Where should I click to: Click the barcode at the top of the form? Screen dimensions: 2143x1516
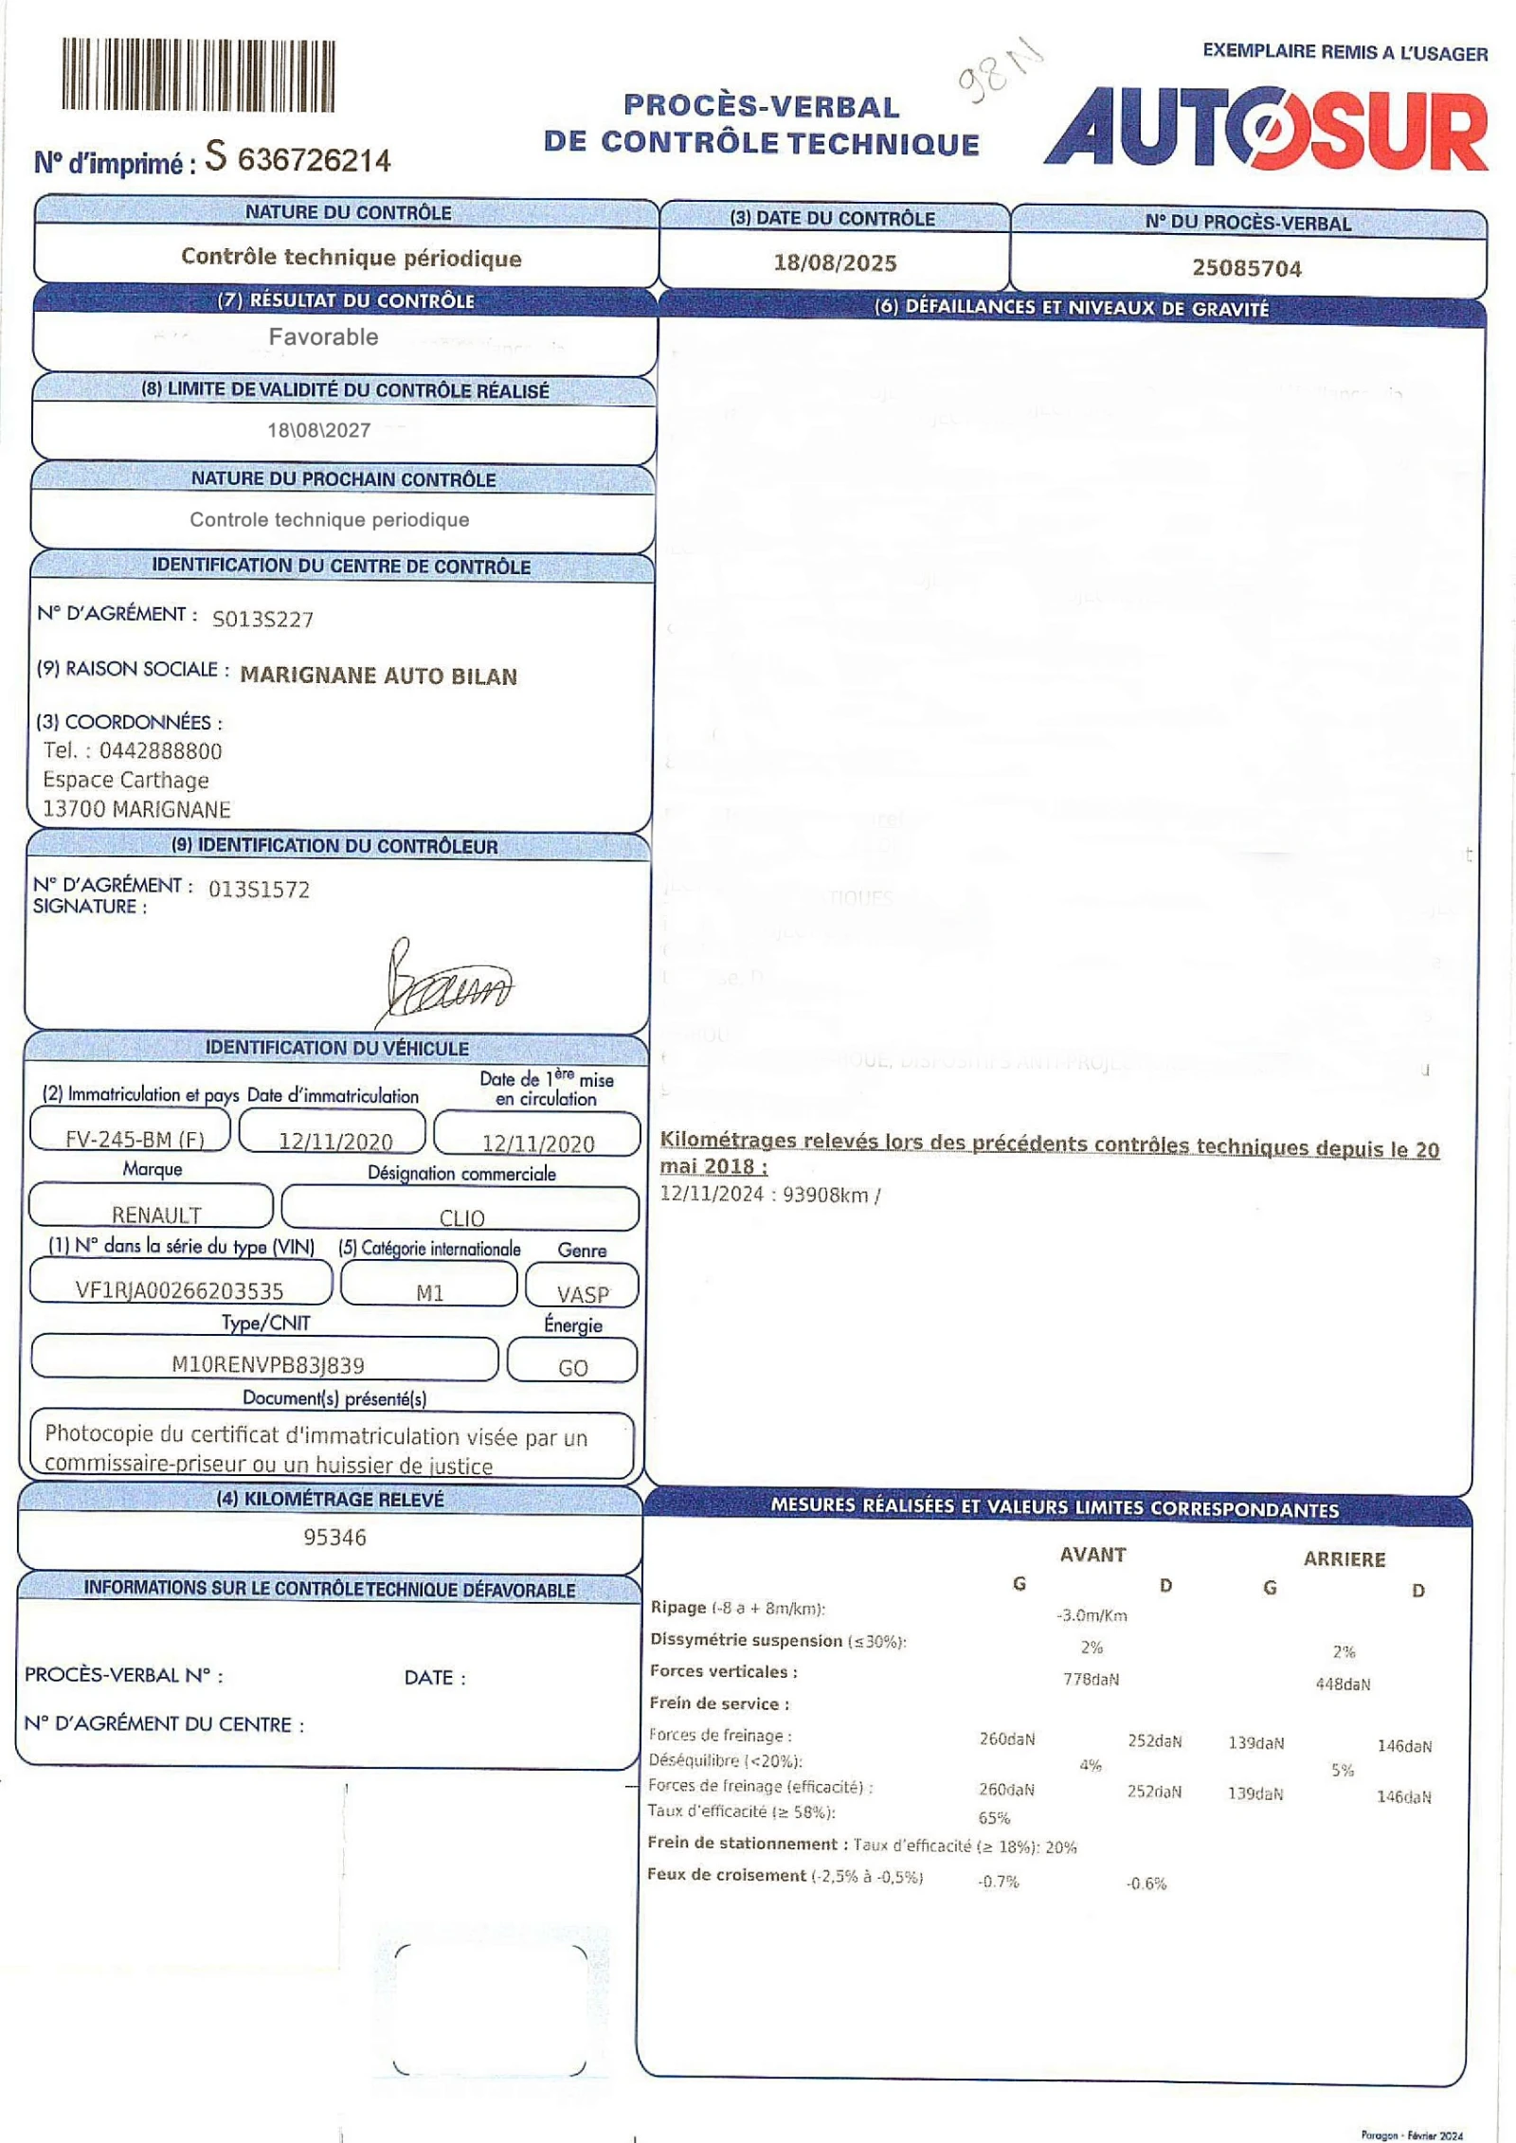198,76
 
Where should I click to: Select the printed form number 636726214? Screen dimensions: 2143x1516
314,160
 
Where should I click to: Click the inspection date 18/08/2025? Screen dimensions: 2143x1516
835,262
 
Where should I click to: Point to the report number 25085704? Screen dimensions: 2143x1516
1247,268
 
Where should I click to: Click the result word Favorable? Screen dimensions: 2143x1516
323,336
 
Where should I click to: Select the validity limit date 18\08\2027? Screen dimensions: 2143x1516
318,430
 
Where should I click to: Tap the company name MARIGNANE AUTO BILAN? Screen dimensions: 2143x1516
378,675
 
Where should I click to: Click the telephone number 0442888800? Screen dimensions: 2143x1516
160,750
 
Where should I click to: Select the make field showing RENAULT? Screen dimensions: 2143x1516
156,1214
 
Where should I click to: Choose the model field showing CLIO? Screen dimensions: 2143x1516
461,1217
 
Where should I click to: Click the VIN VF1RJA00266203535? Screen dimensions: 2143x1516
179,1289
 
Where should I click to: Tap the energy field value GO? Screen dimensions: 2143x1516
572,1367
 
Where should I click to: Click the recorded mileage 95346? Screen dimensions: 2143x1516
334,1537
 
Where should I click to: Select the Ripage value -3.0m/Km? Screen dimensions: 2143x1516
1092,1615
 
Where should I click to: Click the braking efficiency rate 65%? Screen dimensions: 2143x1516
994,1817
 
